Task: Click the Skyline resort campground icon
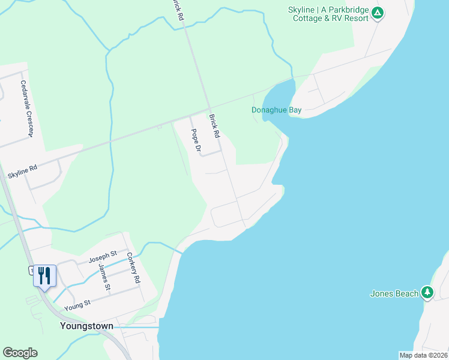coord(377,13)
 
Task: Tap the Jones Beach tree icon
coord(427,292)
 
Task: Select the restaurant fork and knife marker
coord(44,275)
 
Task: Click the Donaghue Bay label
coord(276,110)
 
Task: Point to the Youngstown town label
coord(86,326)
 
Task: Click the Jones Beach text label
coord(394,293)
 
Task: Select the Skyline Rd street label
coord(22,172)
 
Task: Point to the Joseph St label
coord(101,259)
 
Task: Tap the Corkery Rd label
coord(133,267)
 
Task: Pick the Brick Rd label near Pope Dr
coord(214,126)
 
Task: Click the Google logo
coord(20,353)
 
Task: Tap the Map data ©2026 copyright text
coord(423,355)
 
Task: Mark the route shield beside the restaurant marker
coord(31,271)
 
